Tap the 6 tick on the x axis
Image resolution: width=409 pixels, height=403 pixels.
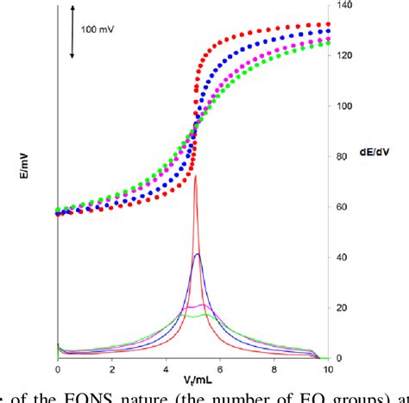220,369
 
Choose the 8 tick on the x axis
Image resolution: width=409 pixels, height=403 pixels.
274,369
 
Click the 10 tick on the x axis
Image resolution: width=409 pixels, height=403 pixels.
328,369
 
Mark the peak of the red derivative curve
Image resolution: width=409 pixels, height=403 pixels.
196,177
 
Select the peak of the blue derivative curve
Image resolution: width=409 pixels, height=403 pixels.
198,254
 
